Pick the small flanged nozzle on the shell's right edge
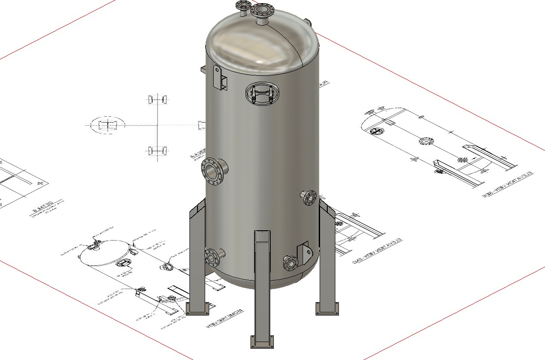tap(309, 197)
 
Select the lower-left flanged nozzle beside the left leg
tap(212, 257)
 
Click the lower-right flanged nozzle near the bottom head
tap(290, 263)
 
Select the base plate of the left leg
tap(198, 309)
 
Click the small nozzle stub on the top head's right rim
tap(308, 22)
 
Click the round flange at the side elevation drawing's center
tap(424, 141)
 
